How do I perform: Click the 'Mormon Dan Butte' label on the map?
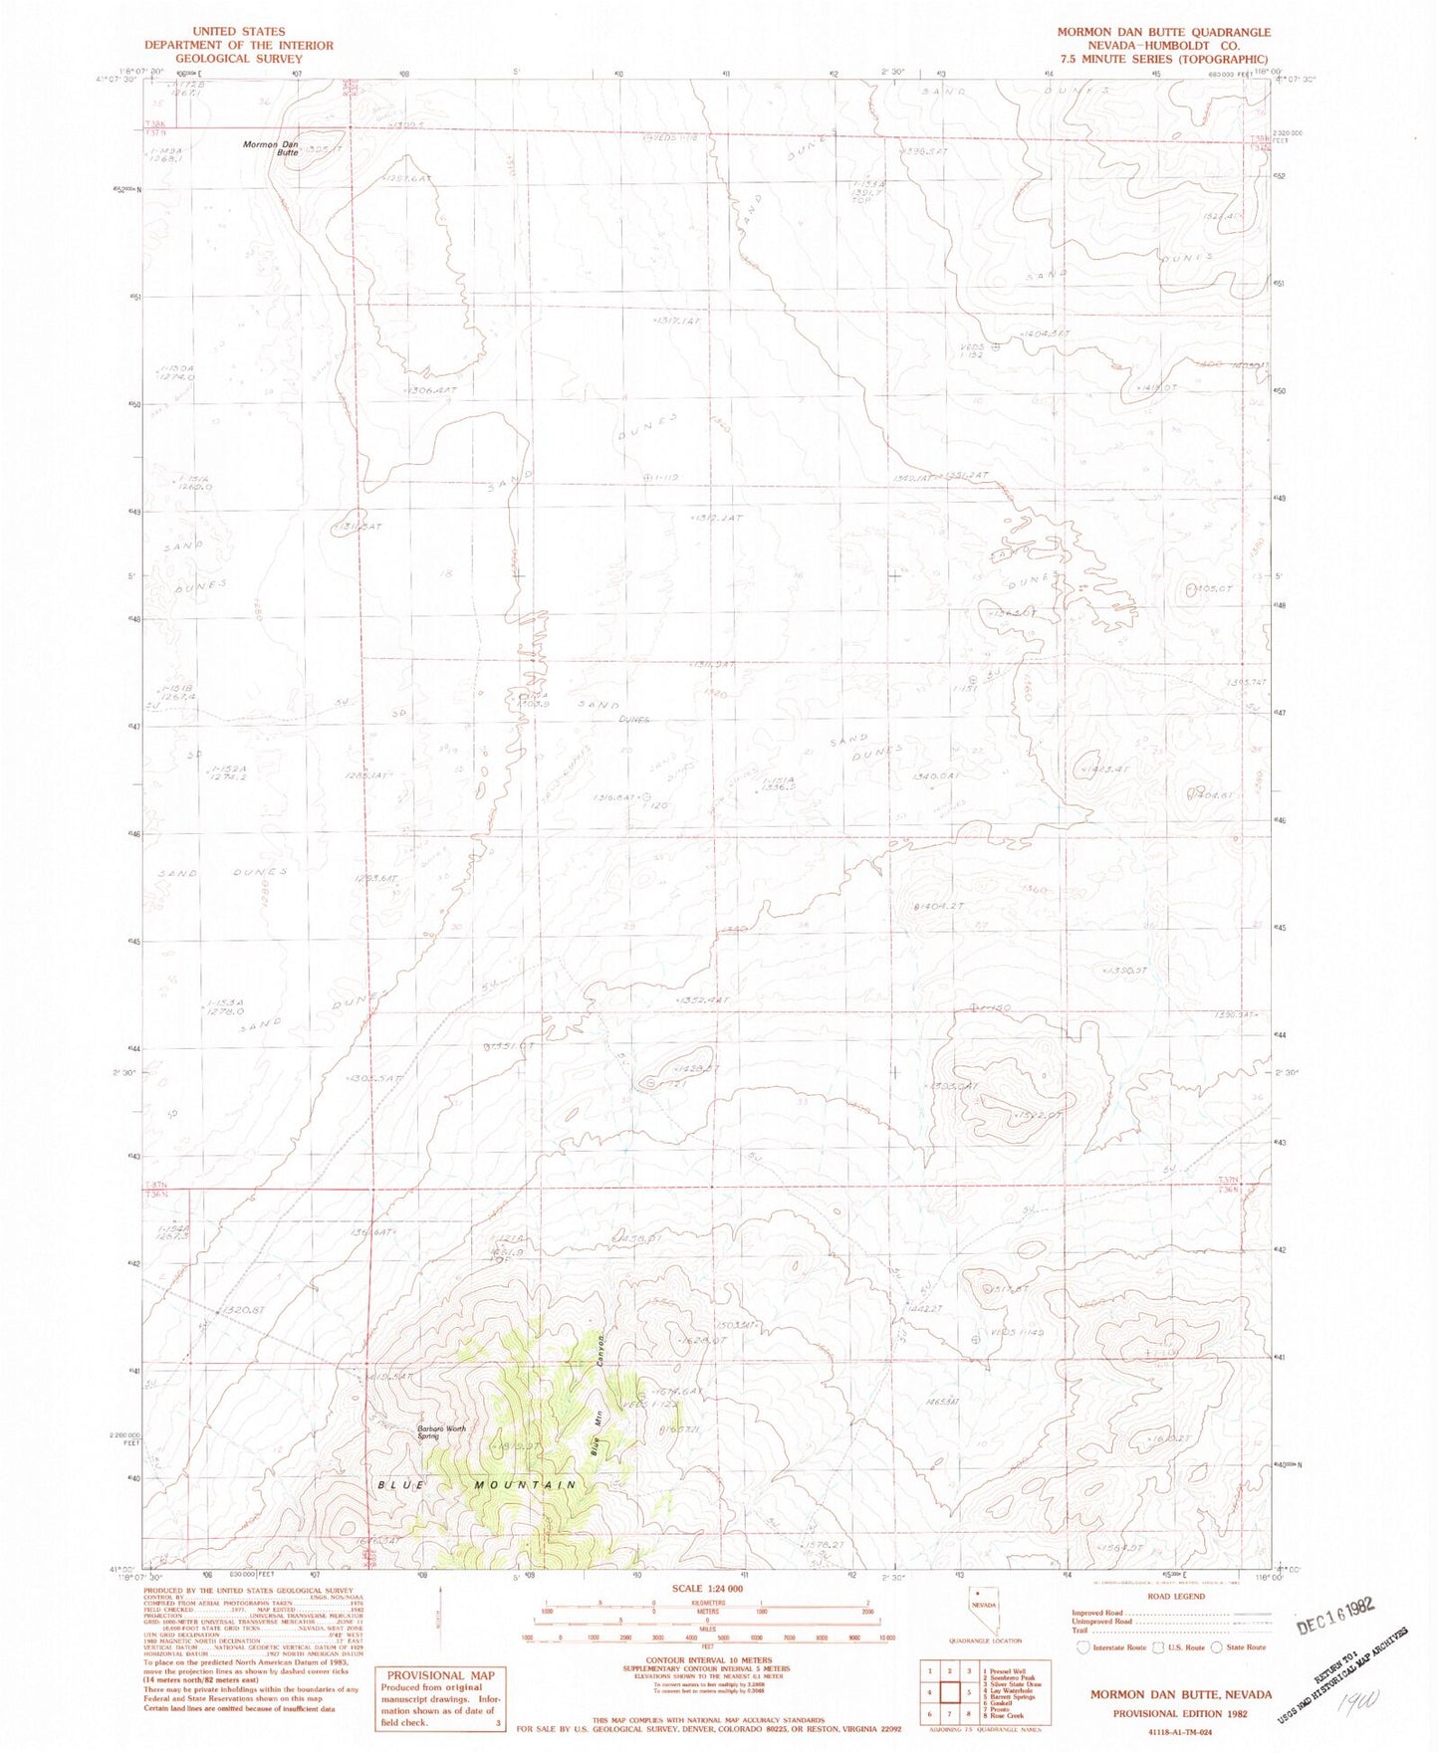click(271, 148)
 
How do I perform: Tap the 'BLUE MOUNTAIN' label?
click(477, 1484)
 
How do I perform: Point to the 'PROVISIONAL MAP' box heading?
click(440, 1675)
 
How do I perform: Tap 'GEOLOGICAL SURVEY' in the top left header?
click(238, 59)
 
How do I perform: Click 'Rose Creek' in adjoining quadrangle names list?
click(1005, 1716)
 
